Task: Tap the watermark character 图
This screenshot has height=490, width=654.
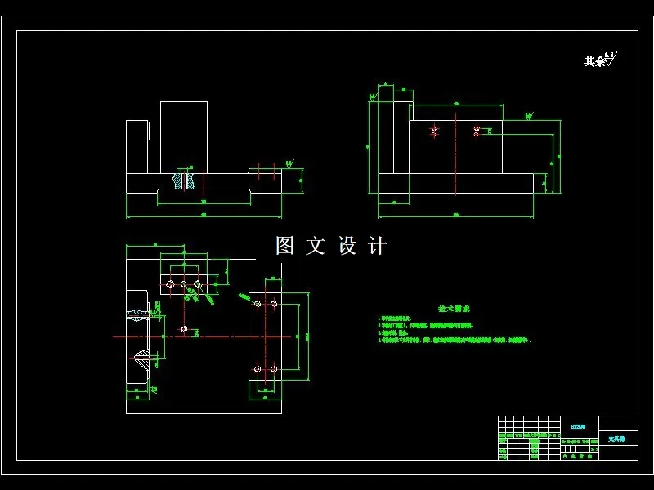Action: (284, 246)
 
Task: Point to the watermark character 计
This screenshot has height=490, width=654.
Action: (377, 246)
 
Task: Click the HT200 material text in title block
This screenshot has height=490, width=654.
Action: (577, 426)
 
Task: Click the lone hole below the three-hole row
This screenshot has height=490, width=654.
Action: (184, 329)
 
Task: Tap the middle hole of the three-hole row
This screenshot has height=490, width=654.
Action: (184, 285)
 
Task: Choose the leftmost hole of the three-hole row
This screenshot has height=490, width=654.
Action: (170, 285)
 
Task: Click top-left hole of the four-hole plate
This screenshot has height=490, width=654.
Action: (258, 304)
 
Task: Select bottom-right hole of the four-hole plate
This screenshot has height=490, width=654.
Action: (273, 369)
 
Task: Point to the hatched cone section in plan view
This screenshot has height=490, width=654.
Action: (142, 358)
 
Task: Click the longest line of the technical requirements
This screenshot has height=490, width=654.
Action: (459, 339)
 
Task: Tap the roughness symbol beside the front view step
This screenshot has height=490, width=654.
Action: (289, 164)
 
